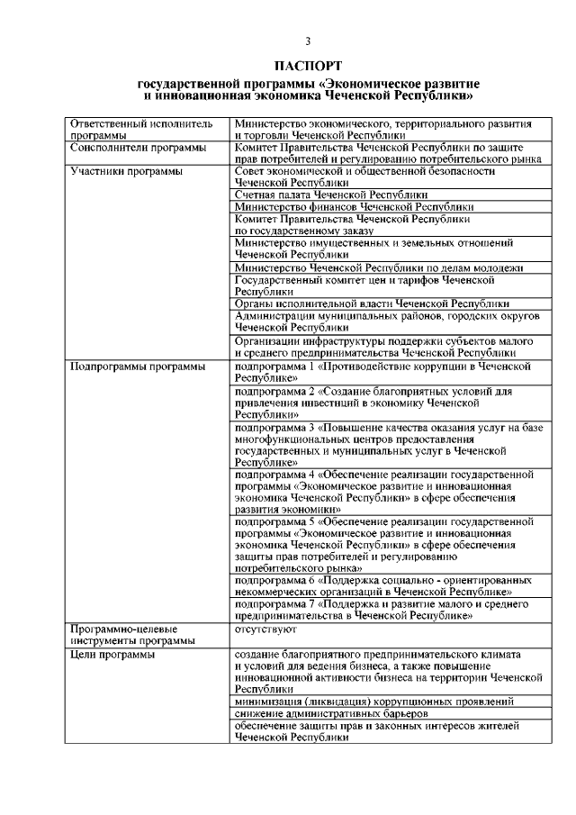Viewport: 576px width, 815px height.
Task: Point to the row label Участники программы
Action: [127, 171]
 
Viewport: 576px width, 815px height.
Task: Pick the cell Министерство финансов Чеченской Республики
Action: [346, 206]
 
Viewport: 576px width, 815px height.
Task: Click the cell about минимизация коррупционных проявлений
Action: [373, 700]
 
